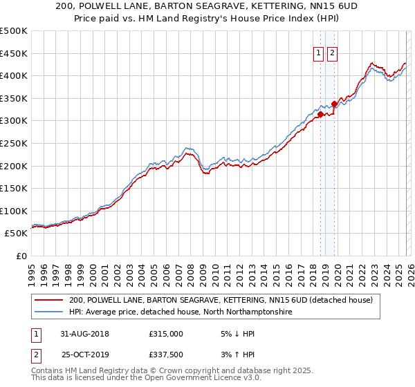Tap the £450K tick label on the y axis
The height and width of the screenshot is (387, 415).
[x=14, y=53]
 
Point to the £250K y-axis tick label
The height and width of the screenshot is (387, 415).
[x=14, y=143]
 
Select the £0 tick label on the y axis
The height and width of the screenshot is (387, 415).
[x=22, y=256]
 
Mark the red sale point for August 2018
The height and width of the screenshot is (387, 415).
[x=320, y=115]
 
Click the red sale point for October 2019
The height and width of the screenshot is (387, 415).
[x=334, y=104]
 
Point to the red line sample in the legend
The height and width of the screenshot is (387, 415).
[x=49, y=300]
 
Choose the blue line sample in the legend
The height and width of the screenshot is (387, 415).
[x=49, y=312]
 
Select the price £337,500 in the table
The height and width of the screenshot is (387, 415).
[x=166, y=354]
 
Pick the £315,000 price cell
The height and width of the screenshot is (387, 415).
[x=166, y=333]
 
